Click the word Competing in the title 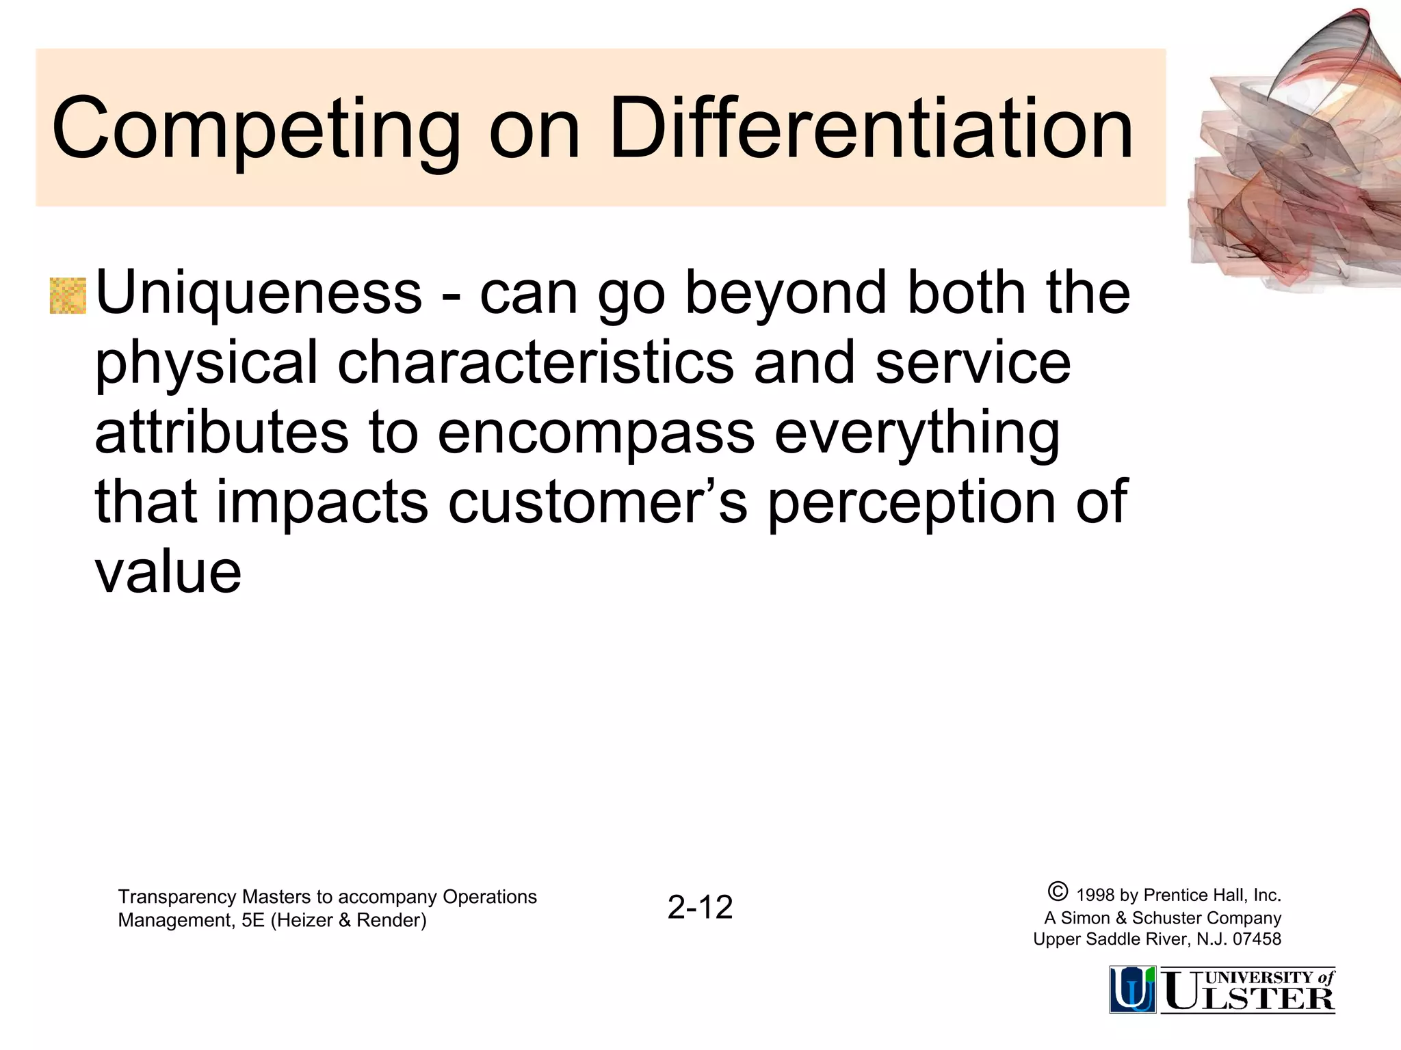256,130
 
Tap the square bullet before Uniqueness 68,296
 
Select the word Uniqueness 259,293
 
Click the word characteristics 536,362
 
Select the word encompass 596,434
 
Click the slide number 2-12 700,908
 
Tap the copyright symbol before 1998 1057,891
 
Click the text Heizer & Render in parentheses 348,921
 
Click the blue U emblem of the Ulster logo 1132,989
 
